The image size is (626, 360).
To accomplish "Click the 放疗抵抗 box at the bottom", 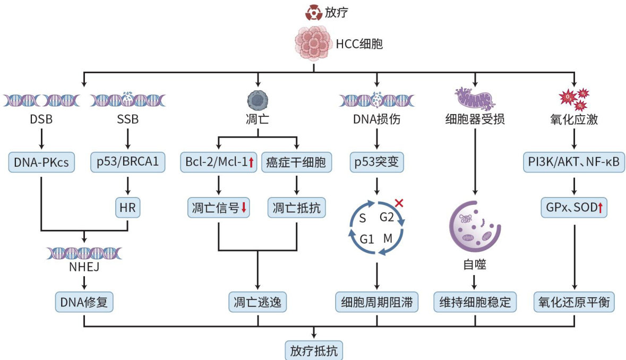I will [x=313, y=350].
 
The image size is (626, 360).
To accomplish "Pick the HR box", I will [x=127, y=208].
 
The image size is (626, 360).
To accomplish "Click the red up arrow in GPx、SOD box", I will [x=600, y=208].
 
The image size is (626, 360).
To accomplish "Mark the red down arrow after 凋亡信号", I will [x=244, y=208].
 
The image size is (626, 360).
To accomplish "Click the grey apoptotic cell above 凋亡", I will [x=258, y=100].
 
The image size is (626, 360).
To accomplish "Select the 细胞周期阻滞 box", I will [x=376, y=302].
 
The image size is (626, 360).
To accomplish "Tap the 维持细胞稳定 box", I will [x=475, y=302].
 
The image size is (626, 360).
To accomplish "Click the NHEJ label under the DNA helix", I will [x=84, y=269].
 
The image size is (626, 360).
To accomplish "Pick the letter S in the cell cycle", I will [x=364, y=218].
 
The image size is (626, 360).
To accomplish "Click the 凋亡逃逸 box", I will [x=258, y=302].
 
